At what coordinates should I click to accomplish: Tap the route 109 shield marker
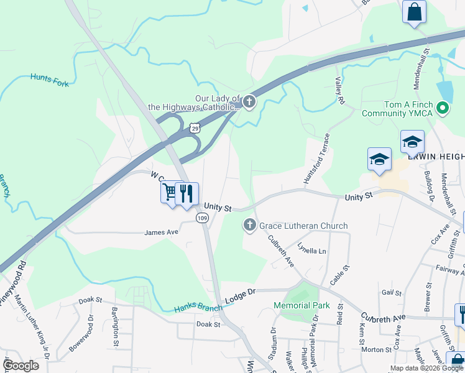pos(201,218)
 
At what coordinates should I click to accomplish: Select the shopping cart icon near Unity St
pos(170,191)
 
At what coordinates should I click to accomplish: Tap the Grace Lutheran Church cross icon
pos(250,226)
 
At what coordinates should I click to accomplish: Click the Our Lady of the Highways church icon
pos(249,102)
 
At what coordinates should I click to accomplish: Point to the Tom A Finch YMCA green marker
pos(443,109)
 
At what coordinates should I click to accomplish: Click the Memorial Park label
pos(302,305)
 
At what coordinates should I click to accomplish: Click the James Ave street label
pos(161,232)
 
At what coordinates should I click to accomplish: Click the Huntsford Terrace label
pos(315,159)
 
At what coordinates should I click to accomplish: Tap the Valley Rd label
pos(340,91)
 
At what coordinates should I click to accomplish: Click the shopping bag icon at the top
pos(413,12)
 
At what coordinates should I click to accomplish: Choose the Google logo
pos(21,366)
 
